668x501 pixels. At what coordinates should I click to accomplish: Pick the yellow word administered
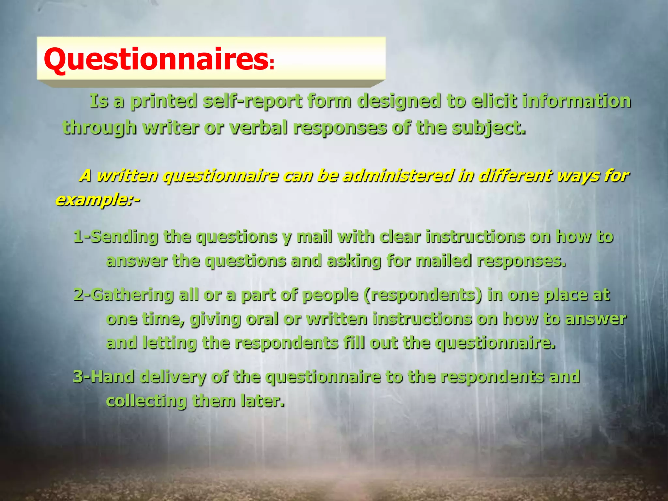(x=398, y=175)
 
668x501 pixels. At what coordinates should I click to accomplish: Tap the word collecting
(x=146, y=401)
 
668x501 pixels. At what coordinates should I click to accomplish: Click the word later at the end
(x=262, y=401)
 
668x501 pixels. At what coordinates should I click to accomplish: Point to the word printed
(x=164, y=101)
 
